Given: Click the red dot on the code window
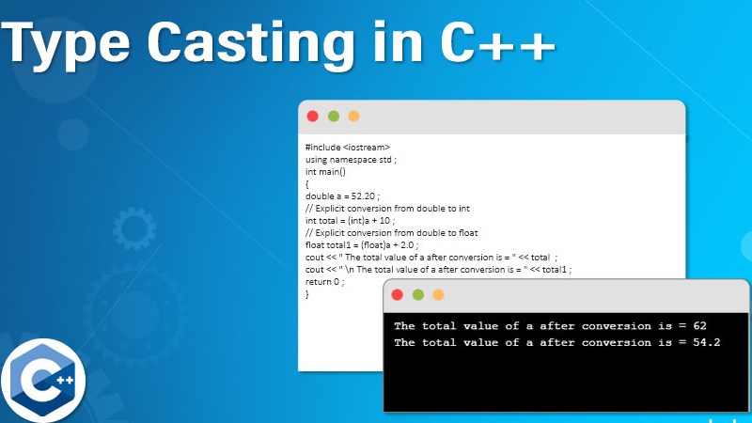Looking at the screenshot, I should click(x=313, y=116).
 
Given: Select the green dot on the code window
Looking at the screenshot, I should click(x=333, y=116).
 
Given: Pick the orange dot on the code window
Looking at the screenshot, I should click(x=353, y=116).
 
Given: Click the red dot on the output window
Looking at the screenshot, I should click(x=398, y=294).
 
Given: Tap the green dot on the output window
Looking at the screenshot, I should click(x=417, y=294).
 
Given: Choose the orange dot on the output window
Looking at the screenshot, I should click(x=438, y=294).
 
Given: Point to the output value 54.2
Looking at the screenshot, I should click(x=706, y=342).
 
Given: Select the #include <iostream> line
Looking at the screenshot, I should click(x=347, y=148).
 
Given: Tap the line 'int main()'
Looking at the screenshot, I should click(x=326, y=172).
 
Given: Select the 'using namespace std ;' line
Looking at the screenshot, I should click(x=351, y=160).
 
